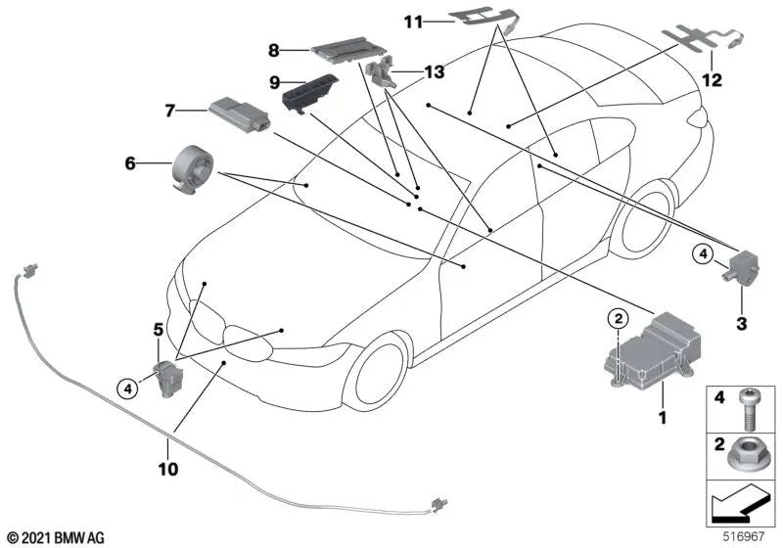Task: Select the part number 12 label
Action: click(x=713, y=81)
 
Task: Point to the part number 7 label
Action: click(x=170, y=112)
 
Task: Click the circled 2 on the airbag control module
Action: click(x=618, y=317)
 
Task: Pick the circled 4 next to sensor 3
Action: click(x=704, y=255)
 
